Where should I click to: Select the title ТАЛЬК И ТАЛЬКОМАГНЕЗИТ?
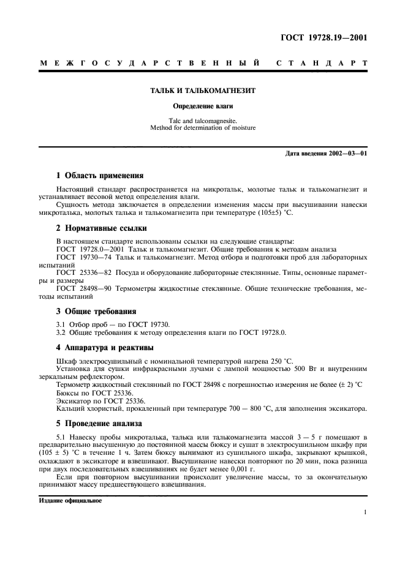coord(202,91)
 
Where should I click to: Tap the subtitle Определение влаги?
coord(202,105)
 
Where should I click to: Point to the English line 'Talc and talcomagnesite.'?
coord(202,121)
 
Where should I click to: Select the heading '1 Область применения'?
coord(100,174)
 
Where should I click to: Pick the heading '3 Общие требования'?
coord(96,311)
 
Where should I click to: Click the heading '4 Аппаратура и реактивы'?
coord(106,348)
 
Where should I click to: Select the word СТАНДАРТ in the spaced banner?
coord(322,63)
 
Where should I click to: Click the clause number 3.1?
coord(61,324)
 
